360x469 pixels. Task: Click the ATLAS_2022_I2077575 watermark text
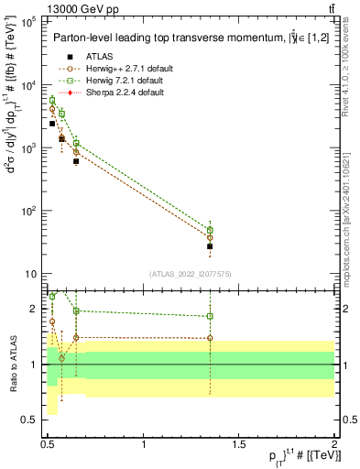click(191, 273)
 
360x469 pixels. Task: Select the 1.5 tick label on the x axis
click(239, 443)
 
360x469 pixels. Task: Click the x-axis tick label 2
click(334, 443)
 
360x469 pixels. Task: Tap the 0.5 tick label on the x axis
click(49, 443)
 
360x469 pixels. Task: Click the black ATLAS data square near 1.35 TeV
click(210, 246)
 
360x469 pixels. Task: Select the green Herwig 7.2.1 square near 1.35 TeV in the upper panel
click(210, 230)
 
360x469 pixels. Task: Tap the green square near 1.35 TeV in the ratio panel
click(210, 316)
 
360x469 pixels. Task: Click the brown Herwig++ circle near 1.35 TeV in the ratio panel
click(210, 338)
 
